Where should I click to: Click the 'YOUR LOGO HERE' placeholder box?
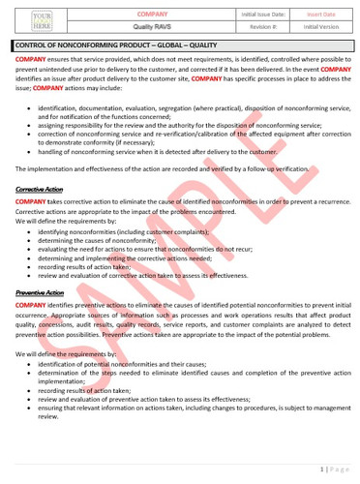[42, 21]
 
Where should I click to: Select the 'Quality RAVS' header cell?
[153, 28]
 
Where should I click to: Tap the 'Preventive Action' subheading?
[40, 291]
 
